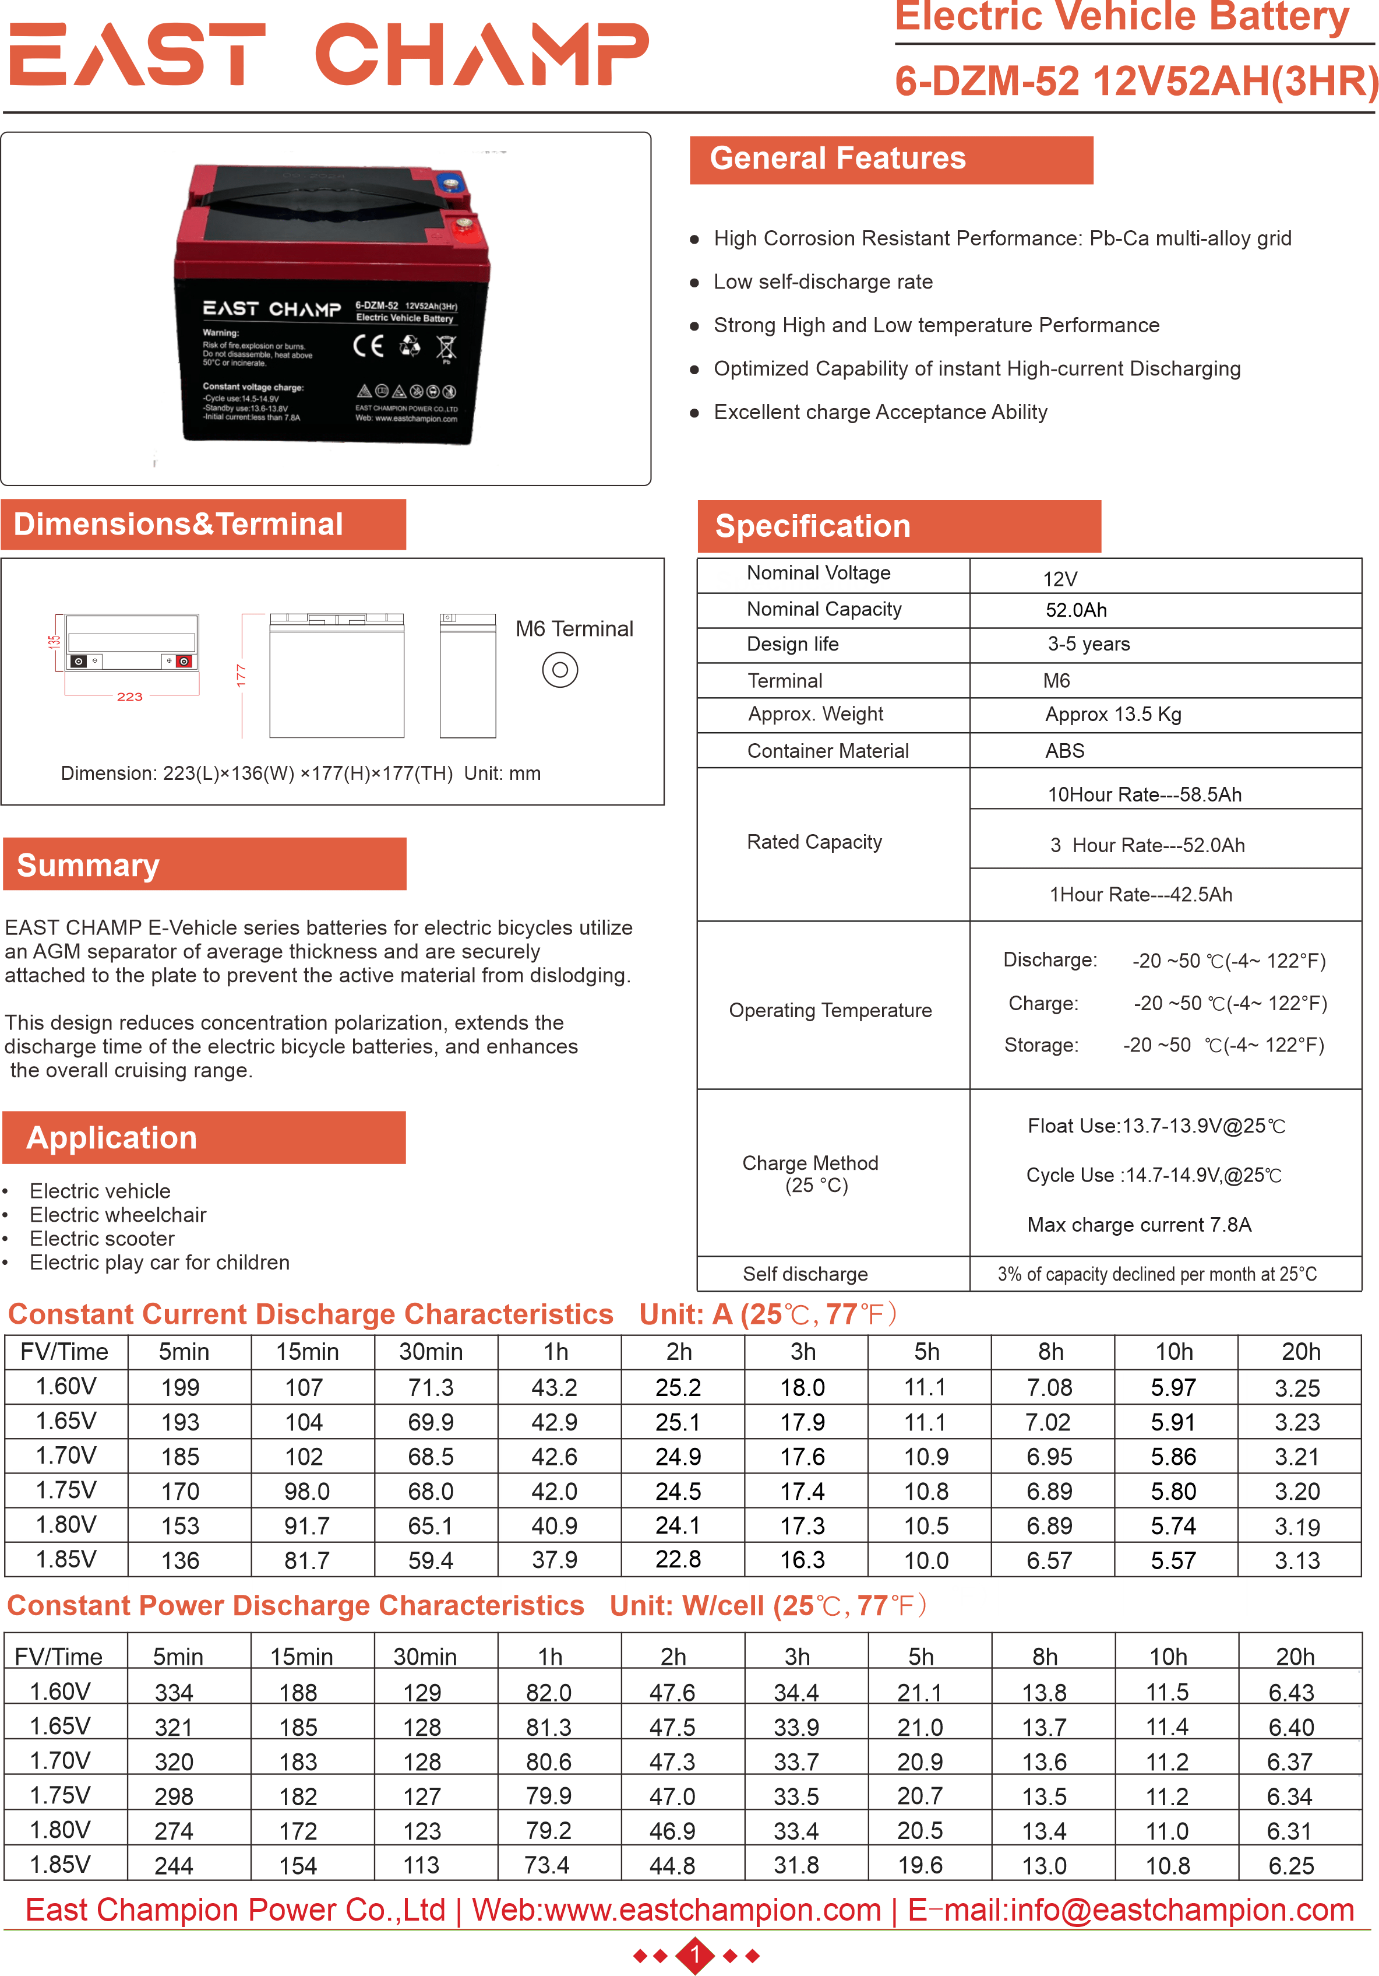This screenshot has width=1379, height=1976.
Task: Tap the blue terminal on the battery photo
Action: click(449, 182)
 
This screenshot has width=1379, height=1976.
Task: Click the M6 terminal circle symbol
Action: click(560, 670)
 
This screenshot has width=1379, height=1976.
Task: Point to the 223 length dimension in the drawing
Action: click(130, 696)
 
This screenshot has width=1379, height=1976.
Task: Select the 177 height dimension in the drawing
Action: click(242, 675)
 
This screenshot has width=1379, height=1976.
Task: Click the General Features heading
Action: click(838, 159)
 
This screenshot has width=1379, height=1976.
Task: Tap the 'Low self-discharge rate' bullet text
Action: click(823, 282)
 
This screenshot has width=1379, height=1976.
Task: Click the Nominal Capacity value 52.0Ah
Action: click(1076, 610)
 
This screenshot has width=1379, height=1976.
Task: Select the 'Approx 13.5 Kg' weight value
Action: click(1113, 714)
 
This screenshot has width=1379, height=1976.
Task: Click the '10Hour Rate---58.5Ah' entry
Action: click(1144, 794)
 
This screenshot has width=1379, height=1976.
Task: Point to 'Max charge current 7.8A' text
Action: click(1139, 1225)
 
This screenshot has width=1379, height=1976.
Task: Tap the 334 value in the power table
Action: click(174, 1692)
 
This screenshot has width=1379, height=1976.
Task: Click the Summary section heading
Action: click(89, 865)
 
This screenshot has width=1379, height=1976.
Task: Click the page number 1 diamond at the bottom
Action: click(695, 1956)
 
